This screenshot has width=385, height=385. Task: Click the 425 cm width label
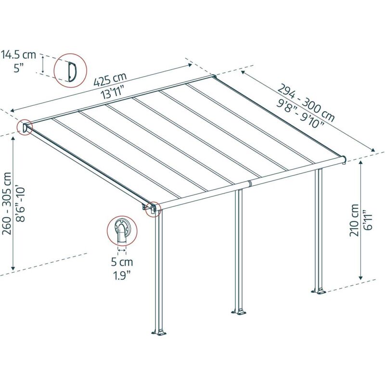click(110, 79)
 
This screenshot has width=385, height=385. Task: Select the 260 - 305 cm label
click(7, 204)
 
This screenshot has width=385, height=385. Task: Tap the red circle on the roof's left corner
click(24, 128)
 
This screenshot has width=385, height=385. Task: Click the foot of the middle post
click(239, 310)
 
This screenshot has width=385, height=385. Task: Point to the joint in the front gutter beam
click(249, 184)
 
